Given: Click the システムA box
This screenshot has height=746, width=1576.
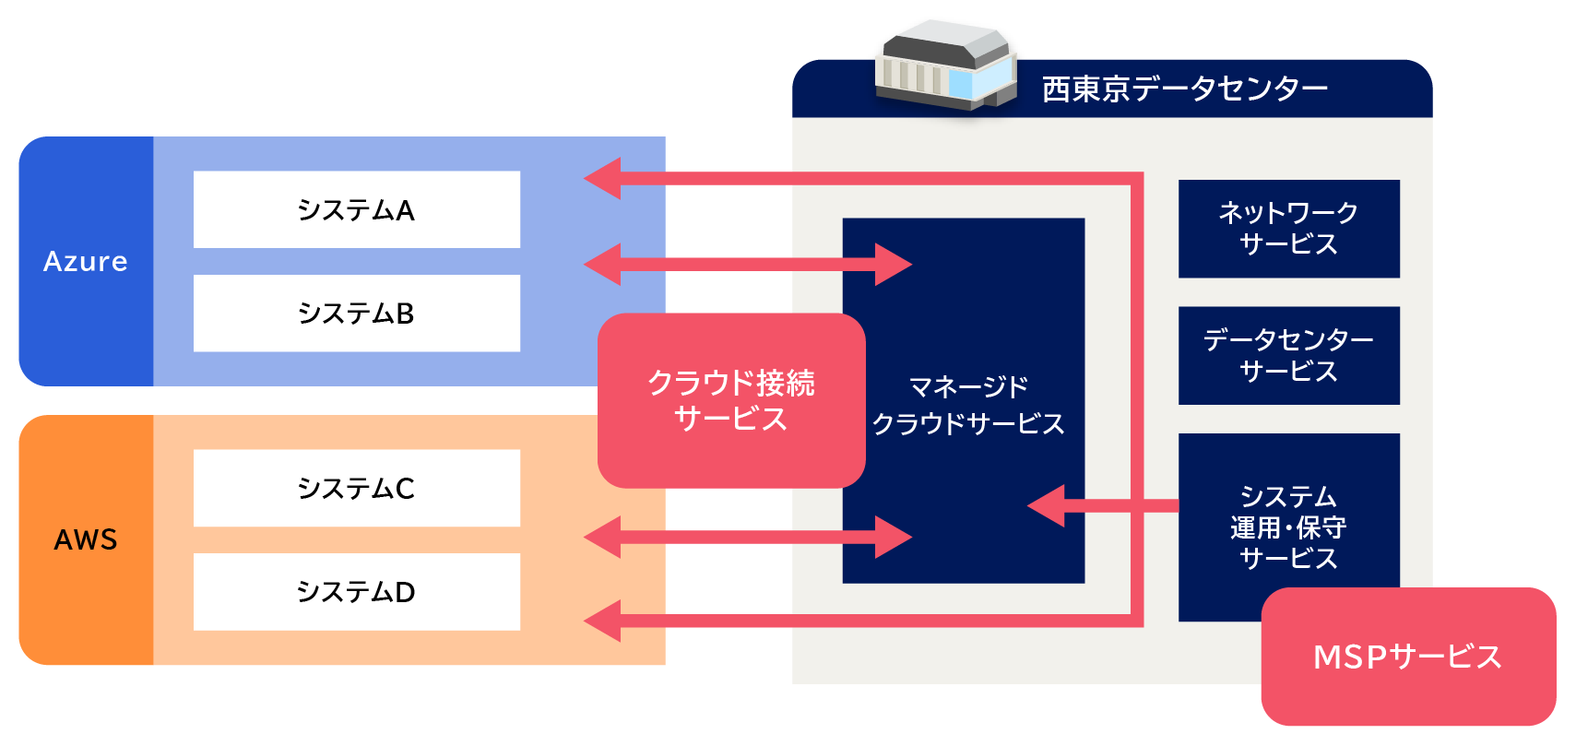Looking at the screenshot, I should pos(356,209).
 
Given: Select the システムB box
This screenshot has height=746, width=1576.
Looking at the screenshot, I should pos(356,314).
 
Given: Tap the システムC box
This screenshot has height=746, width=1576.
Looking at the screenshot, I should pos(356,488).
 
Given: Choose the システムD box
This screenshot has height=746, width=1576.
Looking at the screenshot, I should pos(356,592).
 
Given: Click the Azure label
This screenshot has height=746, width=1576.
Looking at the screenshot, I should pos(86,262).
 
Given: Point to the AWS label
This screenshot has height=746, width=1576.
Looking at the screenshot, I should pos(86,539).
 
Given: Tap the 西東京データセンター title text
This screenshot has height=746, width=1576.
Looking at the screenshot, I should pos(1184,89).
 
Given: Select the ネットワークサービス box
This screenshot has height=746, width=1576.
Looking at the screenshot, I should pos(1288,229).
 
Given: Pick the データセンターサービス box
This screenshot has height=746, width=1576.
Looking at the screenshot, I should pos(1288,356).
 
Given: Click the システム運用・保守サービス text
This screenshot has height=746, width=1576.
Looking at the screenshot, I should pos(1288,527).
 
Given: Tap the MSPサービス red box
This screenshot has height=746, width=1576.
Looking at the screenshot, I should pos(1407,657).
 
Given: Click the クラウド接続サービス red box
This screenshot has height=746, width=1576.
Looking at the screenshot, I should pos(730,400).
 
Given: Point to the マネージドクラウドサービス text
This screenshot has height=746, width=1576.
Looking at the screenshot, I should pos(967,405).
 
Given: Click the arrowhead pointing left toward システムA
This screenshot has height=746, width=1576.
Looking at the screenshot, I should pos(604,178).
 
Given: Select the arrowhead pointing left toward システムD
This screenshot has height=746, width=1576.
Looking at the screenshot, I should pos(604,621).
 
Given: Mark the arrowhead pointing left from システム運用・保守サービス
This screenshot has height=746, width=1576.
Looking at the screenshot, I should pos(1048,505).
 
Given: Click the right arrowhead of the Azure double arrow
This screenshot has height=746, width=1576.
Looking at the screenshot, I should pos(892,265).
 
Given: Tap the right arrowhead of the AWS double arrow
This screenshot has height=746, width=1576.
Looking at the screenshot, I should pos(892,537).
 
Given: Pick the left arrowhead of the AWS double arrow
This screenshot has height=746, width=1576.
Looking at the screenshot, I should pos(604,537).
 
